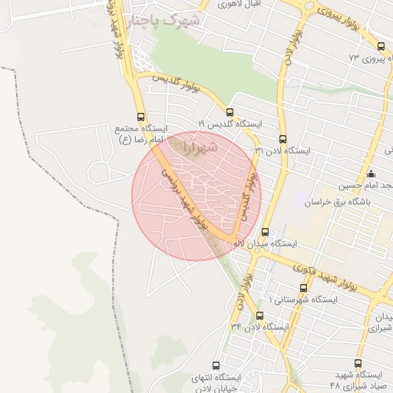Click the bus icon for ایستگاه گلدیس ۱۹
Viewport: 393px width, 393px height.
230,112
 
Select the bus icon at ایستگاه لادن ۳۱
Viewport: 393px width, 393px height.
282,140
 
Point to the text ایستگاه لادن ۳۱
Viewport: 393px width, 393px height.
282,150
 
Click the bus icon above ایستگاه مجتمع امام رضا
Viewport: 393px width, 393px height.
145,111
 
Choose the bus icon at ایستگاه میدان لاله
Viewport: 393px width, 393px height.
266,232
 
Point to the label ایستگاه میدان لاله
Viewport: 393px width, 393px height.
265,243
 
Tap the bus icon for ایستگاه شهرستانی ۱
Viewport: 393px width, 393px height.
304,288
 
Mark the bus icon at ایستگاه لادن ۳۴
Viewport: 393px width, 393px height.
259,315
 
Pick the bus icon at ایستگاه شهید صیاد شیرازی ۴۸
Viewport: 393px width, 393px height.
358,363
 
